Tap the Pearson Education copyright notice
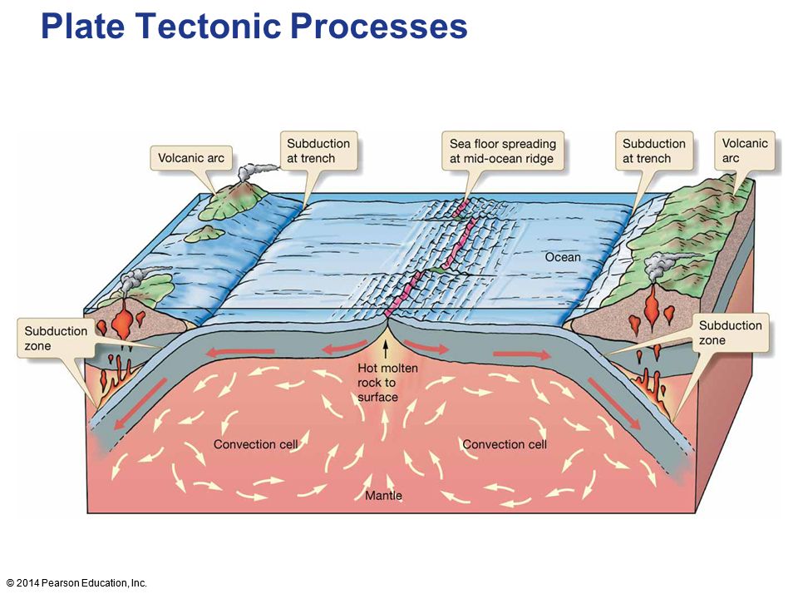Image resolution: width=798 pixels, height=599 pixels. [x=76, y=583]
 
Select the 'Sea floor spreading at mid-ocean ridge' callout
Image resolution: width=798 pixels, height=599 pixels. [x=502, y=151]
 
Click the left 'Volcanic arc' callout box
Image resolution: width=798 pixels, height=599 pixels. [x=191, y=158]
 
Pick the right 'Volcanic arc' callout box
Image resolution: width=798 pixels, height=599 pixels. [x=745, y=151]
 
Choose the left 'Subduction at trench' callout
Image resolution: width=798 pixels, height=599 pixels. [x=318, y=151]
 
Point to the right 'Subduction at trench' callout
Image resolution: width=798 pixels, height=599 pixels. [x=654, y=151]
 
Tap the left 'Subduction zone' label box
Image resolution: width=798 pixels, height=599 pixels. [x=56, y=339]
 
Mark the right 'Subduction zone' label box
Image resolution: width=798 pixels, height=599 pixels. [x=731, y=333]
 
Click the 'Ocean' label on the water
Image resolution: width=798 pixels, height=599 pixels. [x=563, y=257]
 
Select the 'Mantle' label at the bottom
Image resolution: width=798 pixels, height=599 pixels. [x=384, y=495]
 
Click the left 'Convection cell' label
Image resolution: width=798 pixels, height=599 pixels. [x=255, y=444]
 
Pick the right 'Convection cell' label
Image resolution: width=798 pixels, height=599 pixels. [x=505, y=444]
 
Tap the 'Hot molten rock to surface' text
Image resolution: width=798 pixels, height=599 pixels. [x=387, y=383]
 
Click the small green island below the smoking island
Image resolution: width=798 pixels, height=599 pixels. [x=204, y=233]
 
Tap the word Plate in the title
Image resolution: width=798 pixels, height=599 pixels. [x=83, y=26]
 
